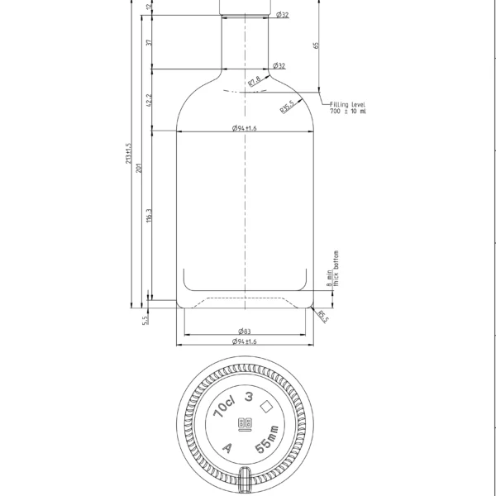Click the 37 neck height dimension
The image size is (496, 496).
point(149,43)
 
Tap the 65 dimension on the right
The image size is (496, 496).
point(317,45)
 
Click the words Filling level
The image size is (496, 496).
point(347,105)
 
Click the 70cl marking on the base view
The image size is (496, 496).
point(223,404)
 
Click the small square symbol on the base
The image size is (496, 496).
point(267,407)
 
